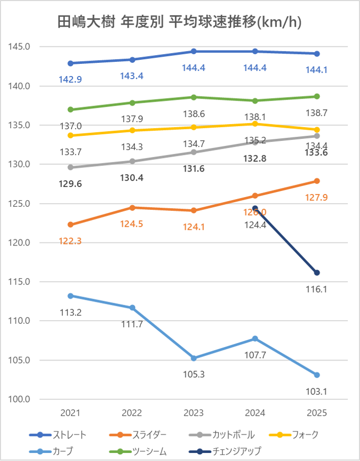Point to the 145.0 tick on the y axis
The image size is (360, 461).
pyautogui.click(x=20, y=47)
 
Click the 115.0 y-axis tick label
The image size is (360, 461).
pyautogui.click(x=20, y=282)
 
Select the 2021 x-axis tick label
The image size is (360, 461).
pyautogui.click(x=70, y=413)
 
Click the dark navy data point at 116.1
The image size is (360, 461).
pyautogui.click(x=317, y=273)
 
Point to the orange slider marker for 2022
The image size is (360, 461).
pyautogui.click(x=132, y=208)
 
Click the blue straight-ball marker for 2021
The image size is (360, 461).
pyautogui.click(x=70, y=63)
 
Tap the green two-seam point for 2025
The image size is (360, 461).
pyautogui.click(x=317, y=96)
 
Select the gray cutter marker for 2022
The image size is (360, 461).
pyautogui.click(x=132, y=161)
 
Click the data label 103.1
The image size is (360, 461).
pyautogui.click(x=317, y=392)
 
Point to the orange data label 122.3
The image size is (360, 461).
pyautogui.click(x=70, y=240)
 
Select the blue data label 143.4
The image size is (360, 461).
pyautogui.click(x=132, y=76)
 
